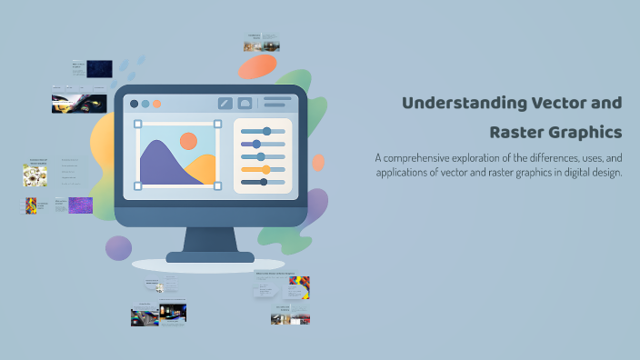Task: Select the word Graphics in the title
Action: pos(587,133)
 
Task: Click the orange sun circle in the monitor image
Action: pos(188,141)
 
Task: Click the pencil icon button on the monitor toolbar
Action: pos(225,103)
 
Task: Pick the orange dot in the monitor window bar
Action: pos(157,104)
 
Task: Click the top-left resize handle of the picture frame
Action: pos(138,124)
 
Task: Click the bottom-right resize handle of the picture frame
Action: pos(217,185)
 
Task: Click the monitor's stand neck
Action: pos(209,239)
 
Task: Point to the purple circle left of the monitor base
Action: pos(118,248)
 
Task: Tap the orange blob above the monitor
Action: pos(257,66)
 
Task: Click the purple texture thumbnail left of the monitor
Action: pos(80,205)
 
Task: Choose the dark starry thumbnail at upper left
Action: pos(99,68)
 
